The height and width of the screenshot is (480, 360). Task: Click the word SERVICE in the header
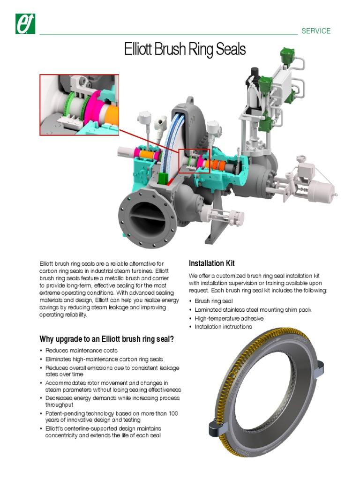(x=316, y=31)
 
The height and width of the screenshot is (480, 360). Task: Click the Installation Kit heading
(x=211, y=263)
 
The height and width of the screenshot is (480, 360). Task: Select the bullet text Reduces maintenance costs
(x=81, y=351)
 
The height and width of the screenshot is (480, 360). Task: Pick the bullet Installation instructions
(x=223, y=327)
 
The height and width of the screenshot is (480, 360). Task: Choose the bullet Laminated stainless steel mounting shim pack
(x=253, y=310)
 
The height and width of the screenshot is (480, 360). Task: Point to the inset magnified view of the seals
(x=79, y=105)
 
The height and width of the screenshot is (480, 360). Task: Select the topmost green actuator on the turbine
(x=286, y=56)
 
